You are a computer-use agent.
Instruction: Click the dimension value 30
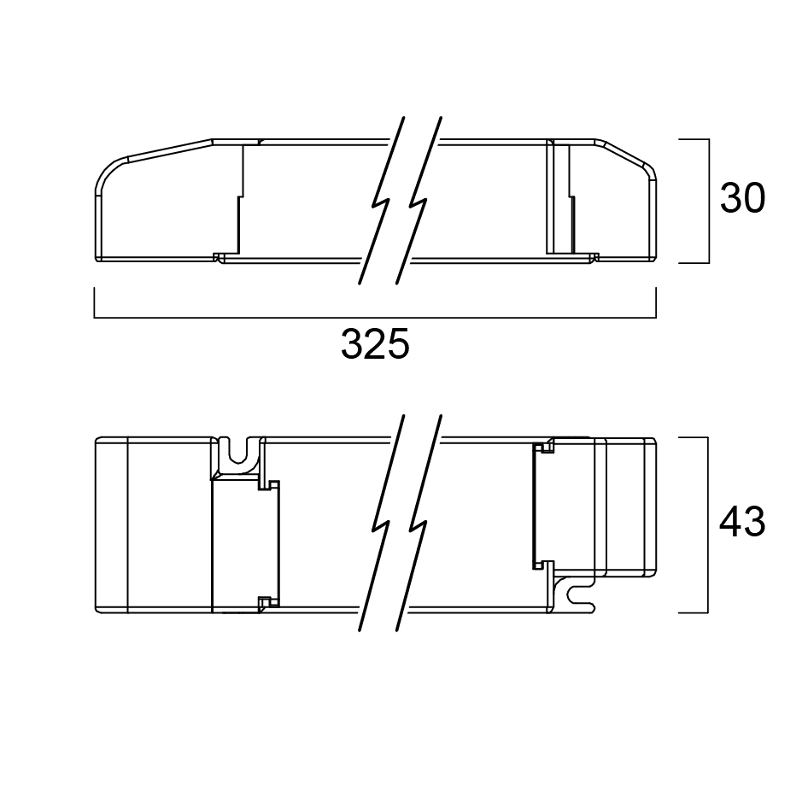(742, 198)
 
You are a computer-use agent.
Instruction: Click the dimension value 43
(742, 523)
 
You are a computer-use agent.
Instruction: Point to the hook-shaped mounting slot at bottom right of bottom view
(578, 594)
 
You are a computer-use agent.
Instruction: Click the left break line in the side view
(381, 201)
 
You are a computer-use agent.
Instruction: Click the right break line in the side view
(419, 201)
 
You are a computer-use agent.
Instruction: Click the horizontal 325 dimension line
(375, 318)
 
